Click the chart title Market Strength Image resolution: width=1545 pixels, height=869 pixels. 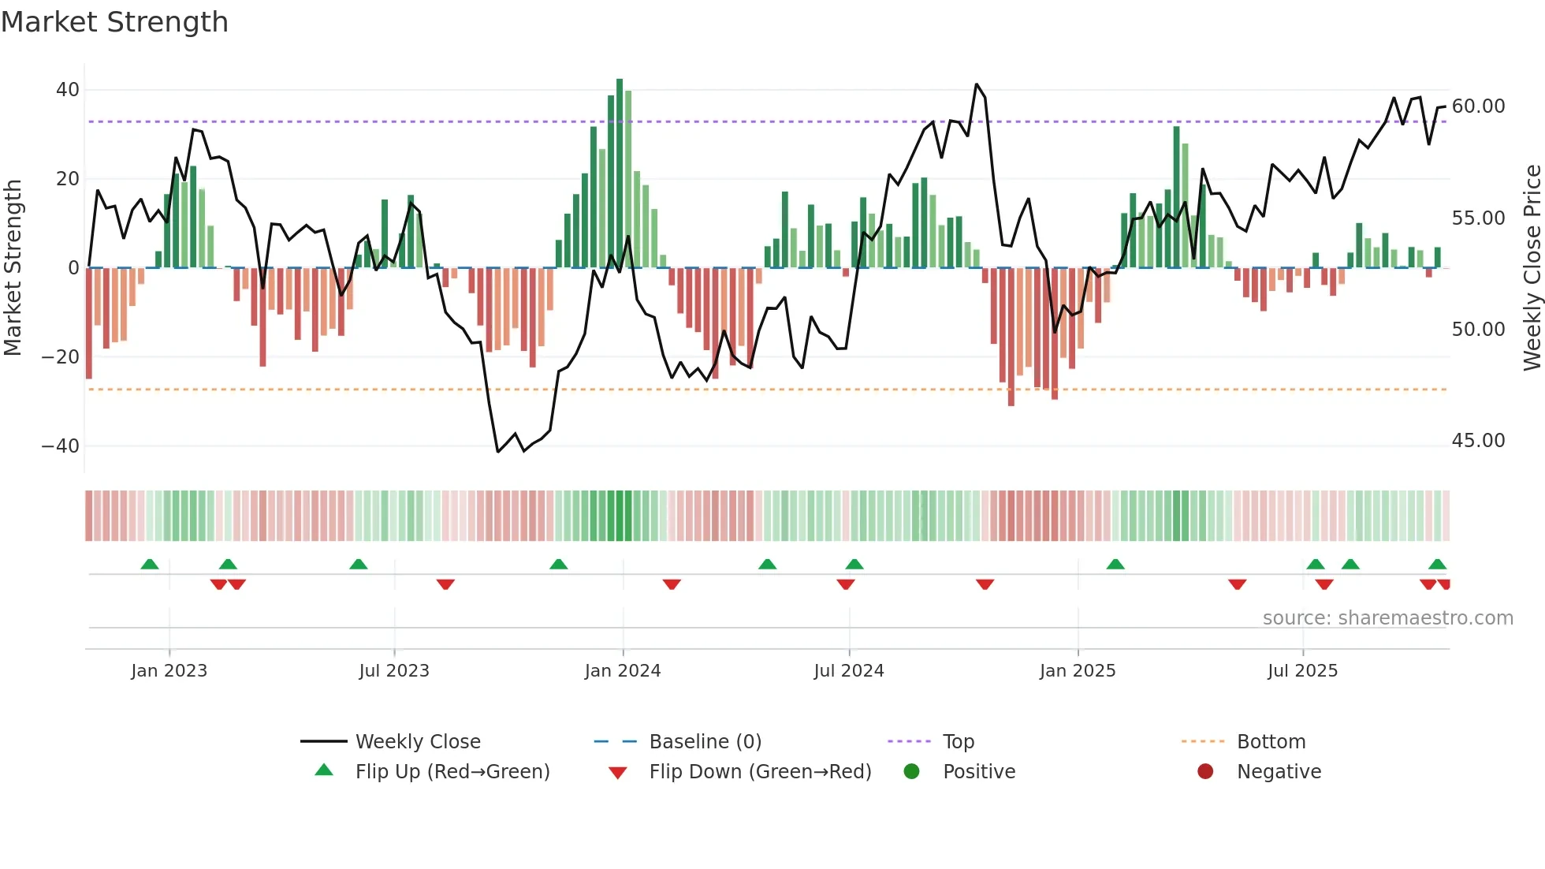click(x=114, y=22)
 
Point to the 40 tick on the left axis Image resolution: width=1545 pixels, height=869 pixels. click(x=68, y=90)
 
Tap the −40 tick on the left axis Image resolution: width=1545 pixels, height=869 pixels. click(x=61, y=446)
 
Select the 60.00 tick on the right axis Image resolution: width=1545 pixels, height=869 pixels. click(x=1478, y=106)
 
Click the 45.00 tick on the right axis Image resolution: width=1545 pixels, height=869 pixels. click(x=1478, y=441)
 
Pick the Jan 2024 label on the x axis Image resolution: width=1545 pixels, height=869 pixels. click(x=622, y=671)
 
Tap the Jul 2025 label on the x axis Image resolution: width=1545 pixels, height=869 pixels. click(x=1302, y=671)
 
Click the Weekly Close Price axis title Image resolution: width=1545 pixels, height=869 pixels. click(x=1532, y=268)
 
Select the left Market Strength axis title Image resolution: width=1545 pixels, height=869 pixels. click(x=13, y=268)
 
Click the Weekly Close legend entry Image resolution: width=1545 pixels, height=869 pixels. click(x=417, y=742)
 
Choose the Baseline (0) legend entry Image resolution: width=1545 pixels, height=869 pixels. click(x=705, y=742)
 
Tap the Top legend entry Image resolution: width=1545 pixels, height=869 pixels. click(x=958, y=742)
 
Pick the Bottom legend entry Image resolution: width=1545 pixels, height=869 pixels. click(x=1271, y=742)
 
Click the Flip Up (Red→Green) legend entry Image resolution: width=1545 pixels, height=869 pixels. click(x=452, y=772)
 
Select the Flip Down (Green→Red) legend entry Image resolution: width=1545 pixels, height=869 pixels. click(x=760, y=772)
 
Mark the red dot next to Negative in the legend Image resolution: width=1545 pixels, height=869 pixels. click(x=1205, y=772)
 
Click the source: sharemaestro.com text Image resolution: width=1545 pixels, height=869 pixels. click(x=1387, y=618)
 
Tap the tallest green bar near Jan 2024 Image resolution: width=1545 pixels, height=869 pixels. click(x=620, y=173)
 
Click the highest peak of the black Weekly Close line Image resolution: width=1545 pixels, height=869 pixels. click(x=977, y=84)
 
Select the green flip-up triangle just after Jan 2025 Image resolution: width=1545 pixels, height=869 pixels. click(x=1115, y=565)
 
